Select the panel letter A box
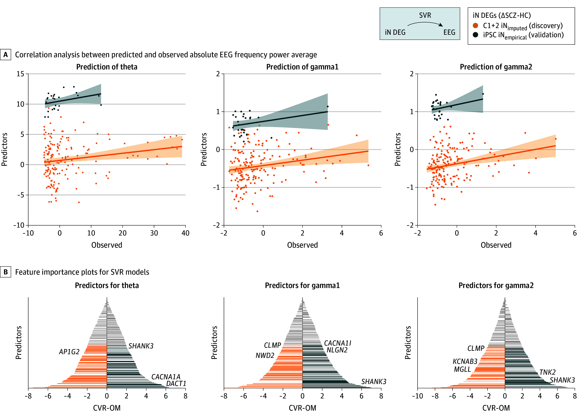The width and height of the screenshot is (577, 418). tap(6, 55)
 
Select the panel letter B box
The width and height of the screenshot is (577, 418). tap(6, 272)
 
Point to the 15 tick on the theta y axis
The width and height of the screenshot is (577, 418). tap(20, 74)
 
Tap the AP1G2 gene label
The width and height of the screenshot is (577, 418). tap(69, 352)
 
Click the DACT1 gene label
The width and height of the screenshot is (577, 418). tap(176, 383)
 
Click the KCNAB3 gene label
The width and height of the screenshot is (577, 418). tap(465, 361)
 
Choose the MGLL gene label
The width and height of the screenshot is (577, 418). tap(463, 369)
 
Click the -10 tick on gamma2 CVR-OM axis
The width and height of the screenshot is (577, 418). tap(417, 396)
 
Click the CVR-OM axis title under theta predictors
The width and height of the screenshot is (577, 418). tap(107, 408)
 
